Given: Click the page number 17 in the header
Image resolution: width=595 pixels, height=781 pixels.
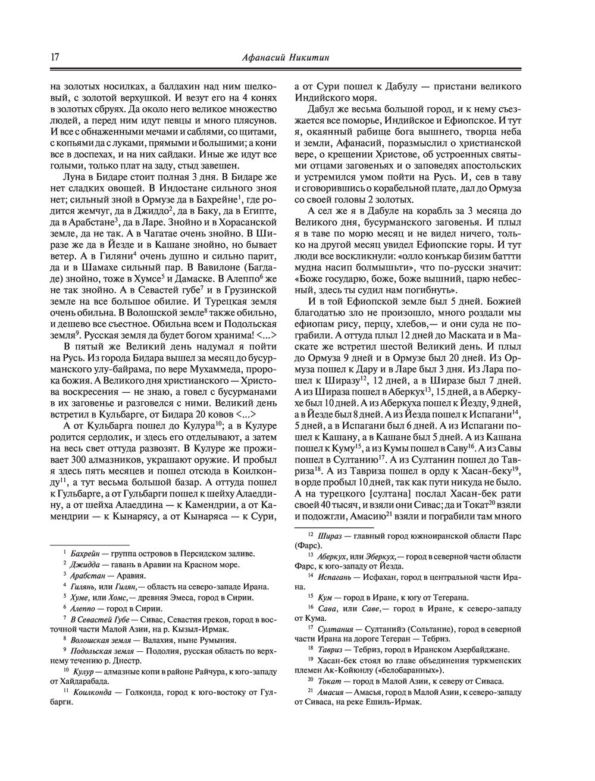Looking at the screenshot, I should point(54,57).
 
